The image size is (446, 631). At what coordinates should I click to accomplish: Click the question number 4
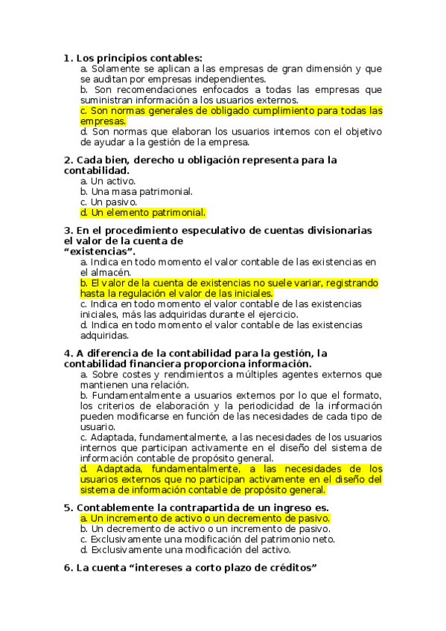tap(68, 353)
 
